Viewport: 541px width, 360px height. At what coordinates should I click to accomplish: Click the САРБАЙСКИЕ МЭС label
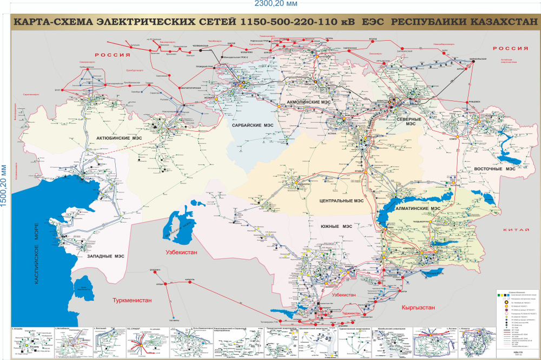253,126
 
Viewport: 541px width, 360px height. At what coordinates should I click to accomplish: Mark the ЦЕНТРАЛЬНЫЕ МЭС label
340,200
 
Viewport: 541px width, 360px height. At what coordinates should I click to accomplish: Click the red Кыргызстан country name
418,307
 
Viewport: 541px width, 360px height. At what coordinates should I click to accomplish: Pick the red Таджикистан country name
353,313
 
